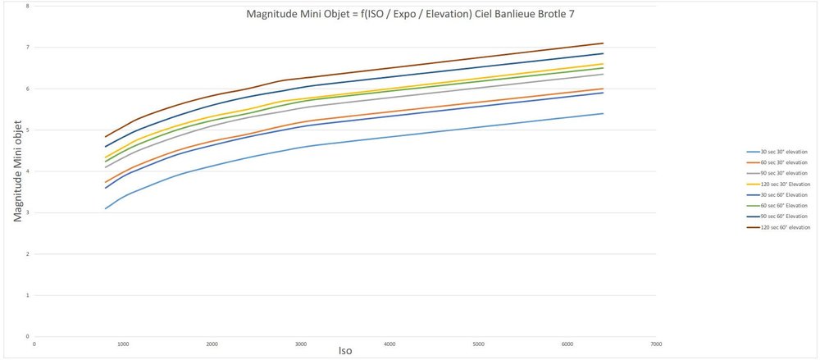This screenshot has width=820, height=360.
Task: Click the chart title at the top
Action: click(x=415, y=14)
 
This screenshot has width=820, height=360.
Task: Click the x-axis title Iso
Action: click(x=345, y=351)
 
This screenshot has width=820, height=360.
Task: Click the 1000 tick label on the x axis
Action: click(x=123, y=343)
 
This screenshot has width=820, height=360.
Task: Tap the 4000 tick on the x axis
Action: click(x=389, y=343)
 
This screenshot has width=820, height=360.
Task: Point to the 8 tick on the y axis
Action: click(x=28, y=6)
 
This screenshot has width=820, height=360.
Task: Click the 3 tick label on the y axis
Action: click(x=28, y=212)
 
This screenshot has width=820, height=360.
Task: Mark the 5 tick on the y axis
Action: click(x=28, y=130)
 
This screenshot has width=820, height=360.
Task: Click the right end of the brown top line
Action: click(x=603, y=43)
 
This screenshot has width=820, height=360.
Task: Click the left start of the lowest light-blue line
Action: click(x=106, y=208)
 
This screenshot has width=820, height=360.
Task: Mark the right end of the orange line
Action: click(x=603, y=89)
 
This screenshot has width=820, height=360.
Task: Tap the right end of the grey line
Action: click(x=603, y=74)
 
